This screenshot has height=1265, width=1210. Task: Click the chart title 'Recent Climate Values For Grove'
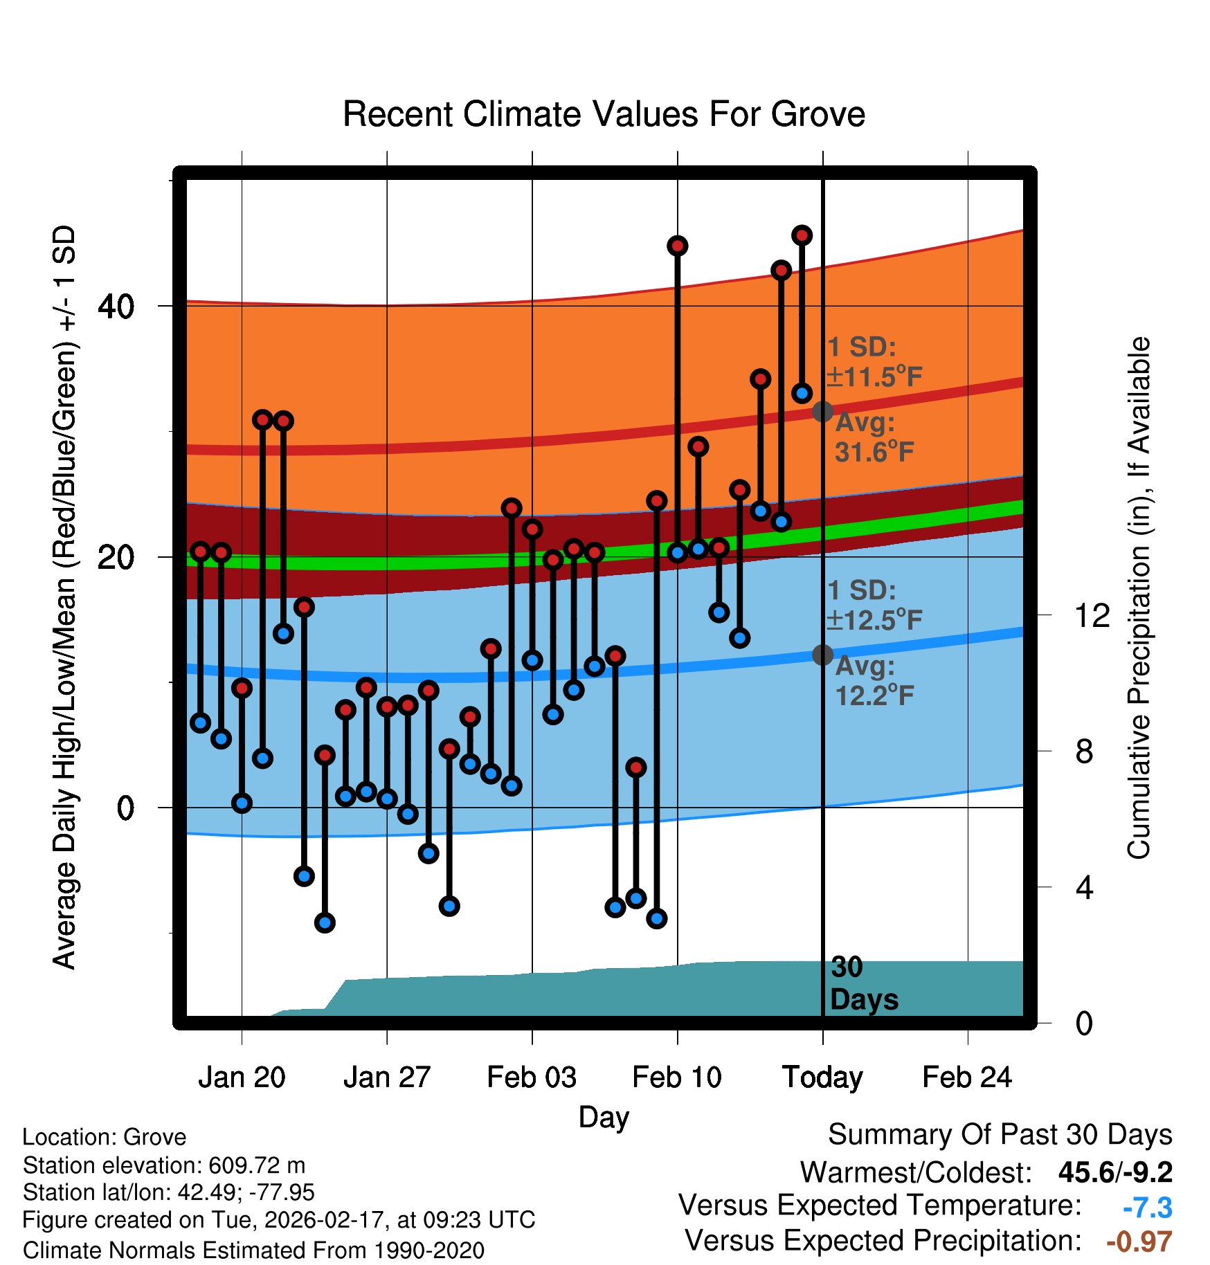pos(604,115)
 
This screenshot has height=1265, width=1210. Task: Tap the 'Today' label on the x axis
pos(822,1078)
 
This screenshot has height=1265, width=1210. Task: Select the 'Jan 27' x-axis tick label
pos(387,1078)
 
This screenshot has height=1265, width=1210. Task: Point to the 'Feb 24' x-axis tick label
pos(967,1078)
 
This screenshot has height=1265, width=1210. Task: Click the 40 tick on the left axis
pos(116,307)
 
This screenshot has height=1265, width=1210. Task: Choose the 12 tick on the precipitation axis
pos(1092,615)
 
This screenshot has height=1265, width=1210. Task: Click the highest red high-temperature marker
pos(802,236)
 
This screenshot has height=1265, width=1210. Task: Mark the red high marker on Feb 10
pos(677,246)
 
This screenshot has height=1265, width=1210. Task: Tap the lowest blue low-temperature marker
pos(325,922)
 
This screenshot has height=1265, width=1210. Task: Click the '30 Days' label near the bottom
pos(863,984)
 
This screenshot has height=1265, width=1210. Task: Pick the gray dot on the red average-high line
pos(822,412)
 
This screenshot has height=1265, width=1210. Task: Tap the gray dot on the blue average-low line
pos(822,655)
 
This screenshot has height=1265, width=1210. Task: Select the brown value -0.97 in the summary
pos(1139,1242)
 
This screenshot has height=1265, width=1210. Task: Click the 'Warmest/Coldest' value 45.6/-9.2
pos(1115,1173)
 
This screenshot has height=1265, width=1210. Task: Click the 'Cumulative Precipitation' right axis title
pos(1139,599)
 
